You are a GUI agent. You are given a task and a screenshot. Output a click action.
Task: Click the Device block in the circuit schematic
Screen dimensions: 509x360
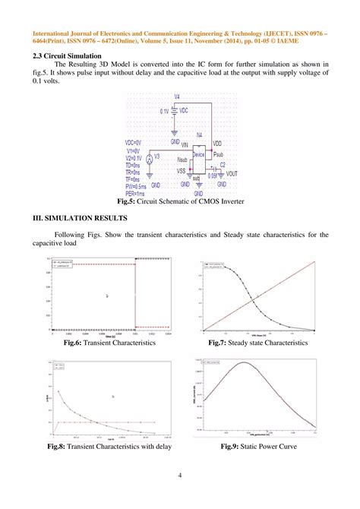[198, 155]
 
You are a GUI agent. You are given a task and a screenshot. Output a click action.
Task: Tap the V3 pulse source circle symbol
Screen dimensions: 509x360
[150, 159]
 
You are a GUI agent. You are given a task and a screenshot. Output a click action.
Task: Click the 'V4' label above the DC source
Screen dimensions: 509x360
[177, 97]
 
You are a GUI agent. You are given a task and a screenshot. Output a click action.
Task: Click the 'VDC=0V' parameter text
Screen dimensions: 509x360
[137, 142]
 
